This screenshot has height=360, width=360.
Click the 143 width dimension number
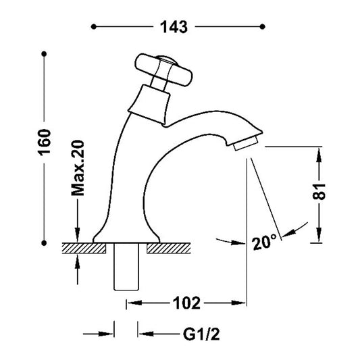[x=174, y=27]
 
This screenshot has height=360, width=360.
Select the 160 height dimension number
[x=44, y=143]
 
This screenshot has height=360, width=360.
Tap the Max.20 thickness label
[x=78, y=168]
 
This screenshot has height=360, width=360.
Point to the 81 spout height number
[x=319, y=191]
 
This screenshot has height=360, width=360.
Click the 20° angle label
[x=264, y=242]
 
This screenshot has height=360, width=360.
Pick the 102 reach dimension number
[x=186, y=303]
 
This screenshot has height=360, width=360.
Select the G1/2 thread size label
[x=201, y=334]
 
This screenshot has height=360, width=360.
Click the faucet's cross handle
[x=163, y=70]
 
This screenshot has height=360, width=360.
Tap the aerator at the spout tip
[x=245, y=143]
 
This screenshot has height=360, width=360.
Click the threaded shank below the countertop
[x=126, y=267]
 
